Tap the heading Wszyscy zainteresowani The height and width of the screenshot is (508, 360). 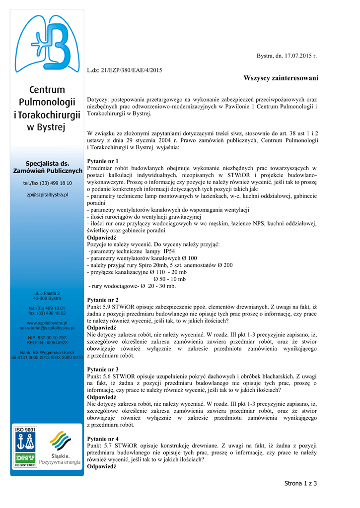pyautogui.click(x=281, y=79)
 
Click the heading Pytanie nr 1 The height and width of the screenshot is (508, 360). pyautogui.click(x=103, y=161)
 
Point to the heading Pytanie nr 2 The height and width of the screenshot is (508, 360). pyautogui.click(x=103, y=300)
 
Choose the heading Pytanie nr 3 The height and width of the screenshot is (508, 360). pyautogui.click(x=103, y=370)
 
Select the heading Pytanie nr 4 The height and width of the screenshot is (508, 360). pyautogui.click(x=103, y=439)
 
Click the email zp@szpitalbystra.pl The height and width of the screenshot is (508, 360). pyautogui.click(x=47, y=195)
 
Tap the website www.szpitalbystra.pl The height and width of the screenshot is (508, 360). pyautogui.click(x=47, y=323)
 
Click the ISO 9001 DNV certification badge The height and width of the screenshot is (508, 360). pyautogui.click(x=26, y=447)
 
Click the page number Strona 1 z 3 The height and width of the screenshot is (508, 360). pyautogui.click(x=300, y=483)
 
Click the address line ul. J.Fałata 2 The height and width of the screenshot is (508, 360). pyautogui.click(x=47, y=293)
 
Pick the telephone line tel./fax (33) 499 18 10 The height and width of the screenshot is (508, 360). pyautogui.click(x=47, y=183)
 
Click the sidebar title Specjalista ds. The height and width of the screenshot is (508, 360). pyautogui.click(x=47, y=164)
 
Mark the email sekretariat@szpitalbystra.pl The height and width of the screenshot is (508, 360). pyautogui.click(x=47, y=328)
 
